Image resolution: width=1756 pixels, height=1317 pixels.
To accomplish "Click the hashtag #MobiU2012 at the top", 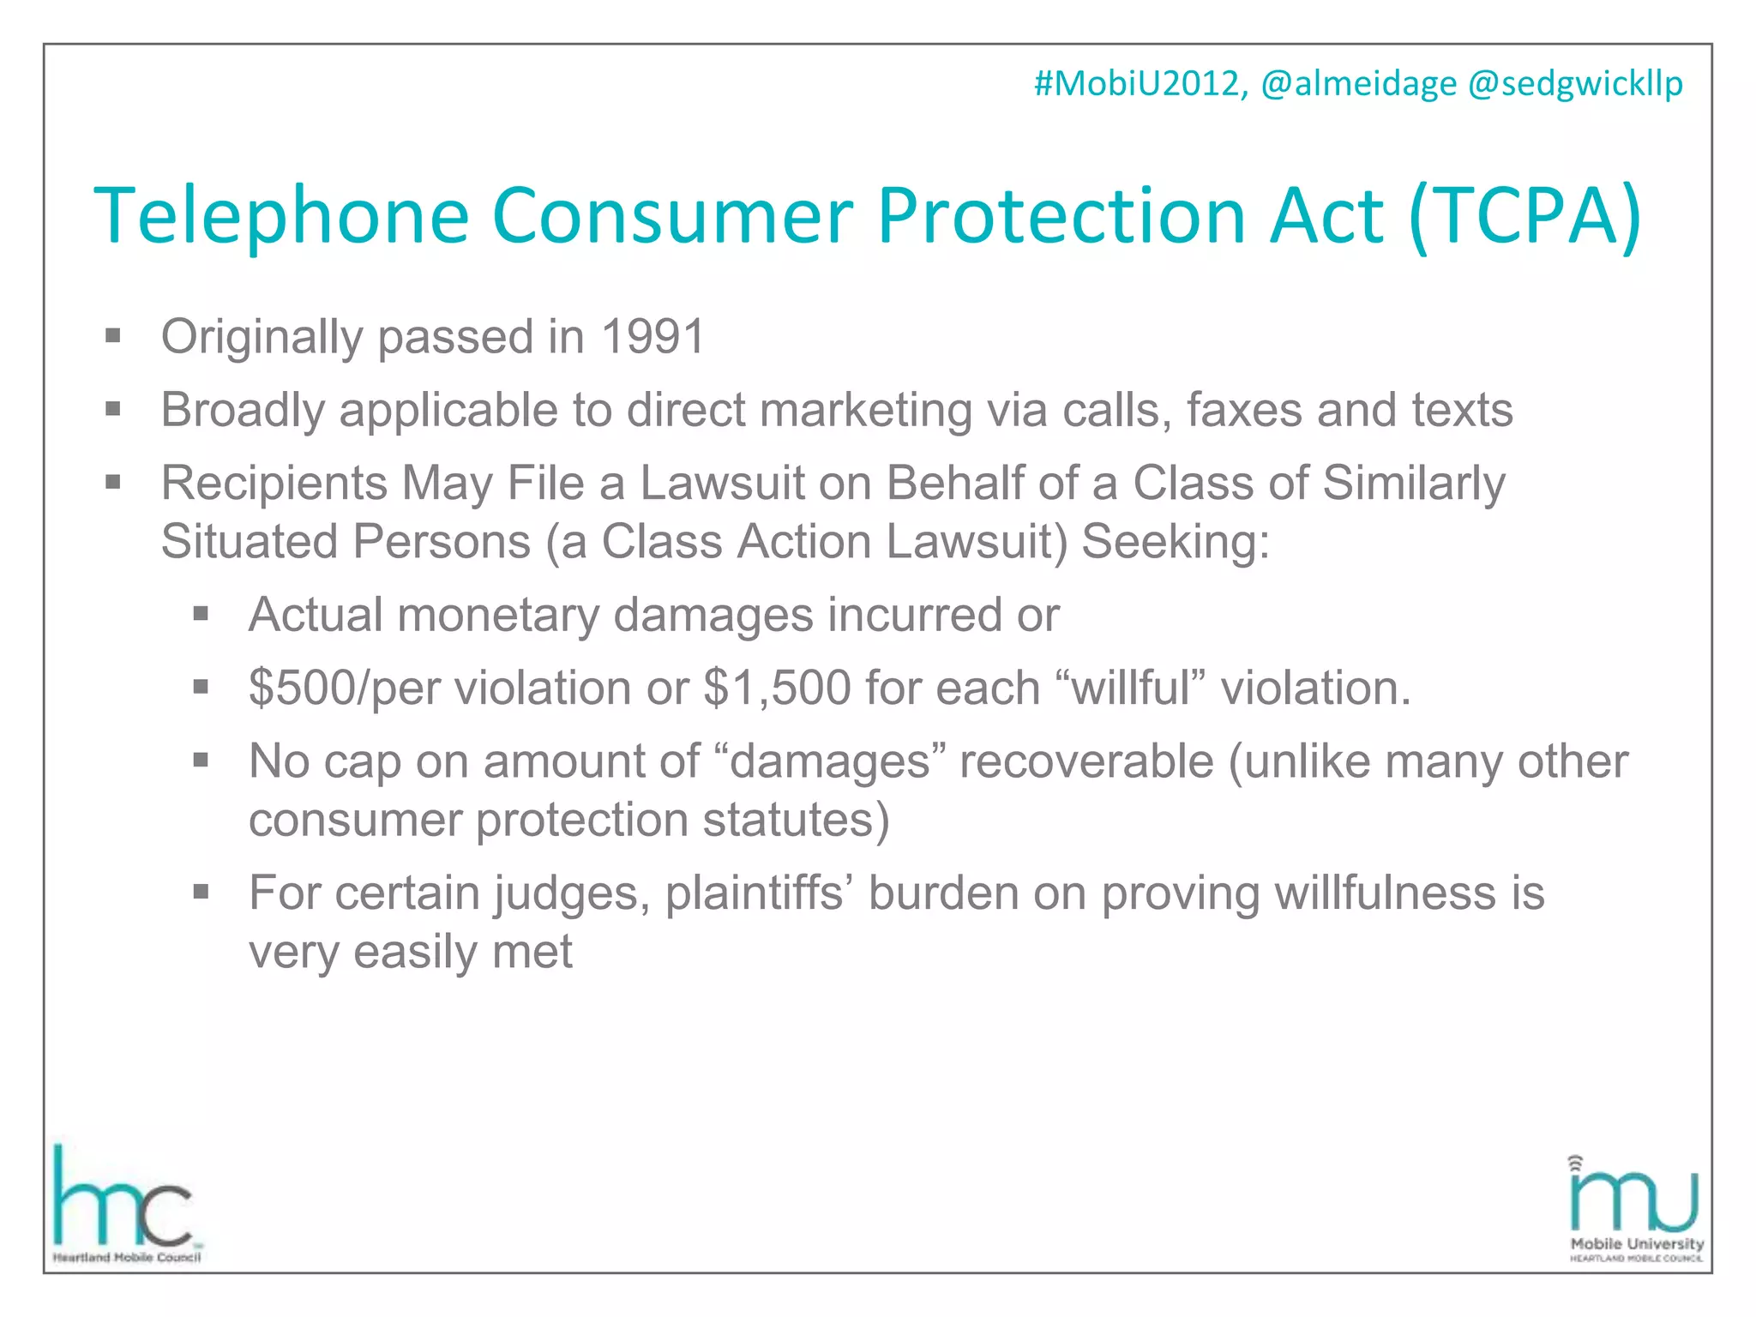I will pyautogui.click(x=1140, y=84).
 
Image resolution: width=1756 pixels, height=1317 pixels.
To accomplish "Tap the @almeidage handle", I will pyautogui.click(x=1358, y=84).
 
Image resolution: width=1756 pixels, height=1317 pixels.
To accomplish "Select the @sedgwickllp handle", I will pyautogui.click(x=1575, y=84).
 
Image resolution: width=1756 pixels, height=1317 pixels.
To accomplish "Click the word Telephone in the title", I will pyautogui.click(x=281, y=216).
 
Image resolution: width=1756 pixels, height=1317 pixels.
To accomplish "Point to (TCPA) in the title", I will pyautogui.click(x=1524, y=216).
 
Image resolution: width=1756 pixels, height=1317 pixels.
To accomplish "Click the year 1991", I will pyautogui.click(x=652, y=336).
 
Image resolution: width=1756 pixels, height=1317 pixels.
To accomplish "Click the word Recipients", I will pyautogui.click(x=274, y=483).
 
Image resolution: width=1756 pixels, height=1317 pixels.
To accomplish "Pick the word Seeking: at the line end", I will pyautogui.click(x=1176, y=542).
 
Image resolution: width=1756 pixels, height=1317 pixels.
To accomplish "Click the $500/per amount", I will pyautogui.click(x=344, y=688).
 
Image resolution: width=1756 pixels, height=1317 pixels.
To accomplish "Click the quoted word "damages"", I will pyautogui.click(x=830, y=761).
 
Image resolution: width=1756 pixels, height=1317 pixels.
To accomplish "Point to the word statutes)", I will pyautogui.click(x=796, y=820).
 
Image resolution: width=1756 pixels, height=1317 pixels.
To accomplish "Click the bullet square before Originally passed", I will pyautogui.click(x=113, y=336).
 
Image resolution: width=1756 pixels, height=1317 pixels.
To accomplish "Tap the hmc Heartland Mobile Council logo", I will pyautogui.click(x=125, y=1205).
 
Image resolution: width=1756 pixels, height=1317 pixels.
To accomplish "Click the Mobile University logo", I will pyautogui.click(x=1634, y=1209).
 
